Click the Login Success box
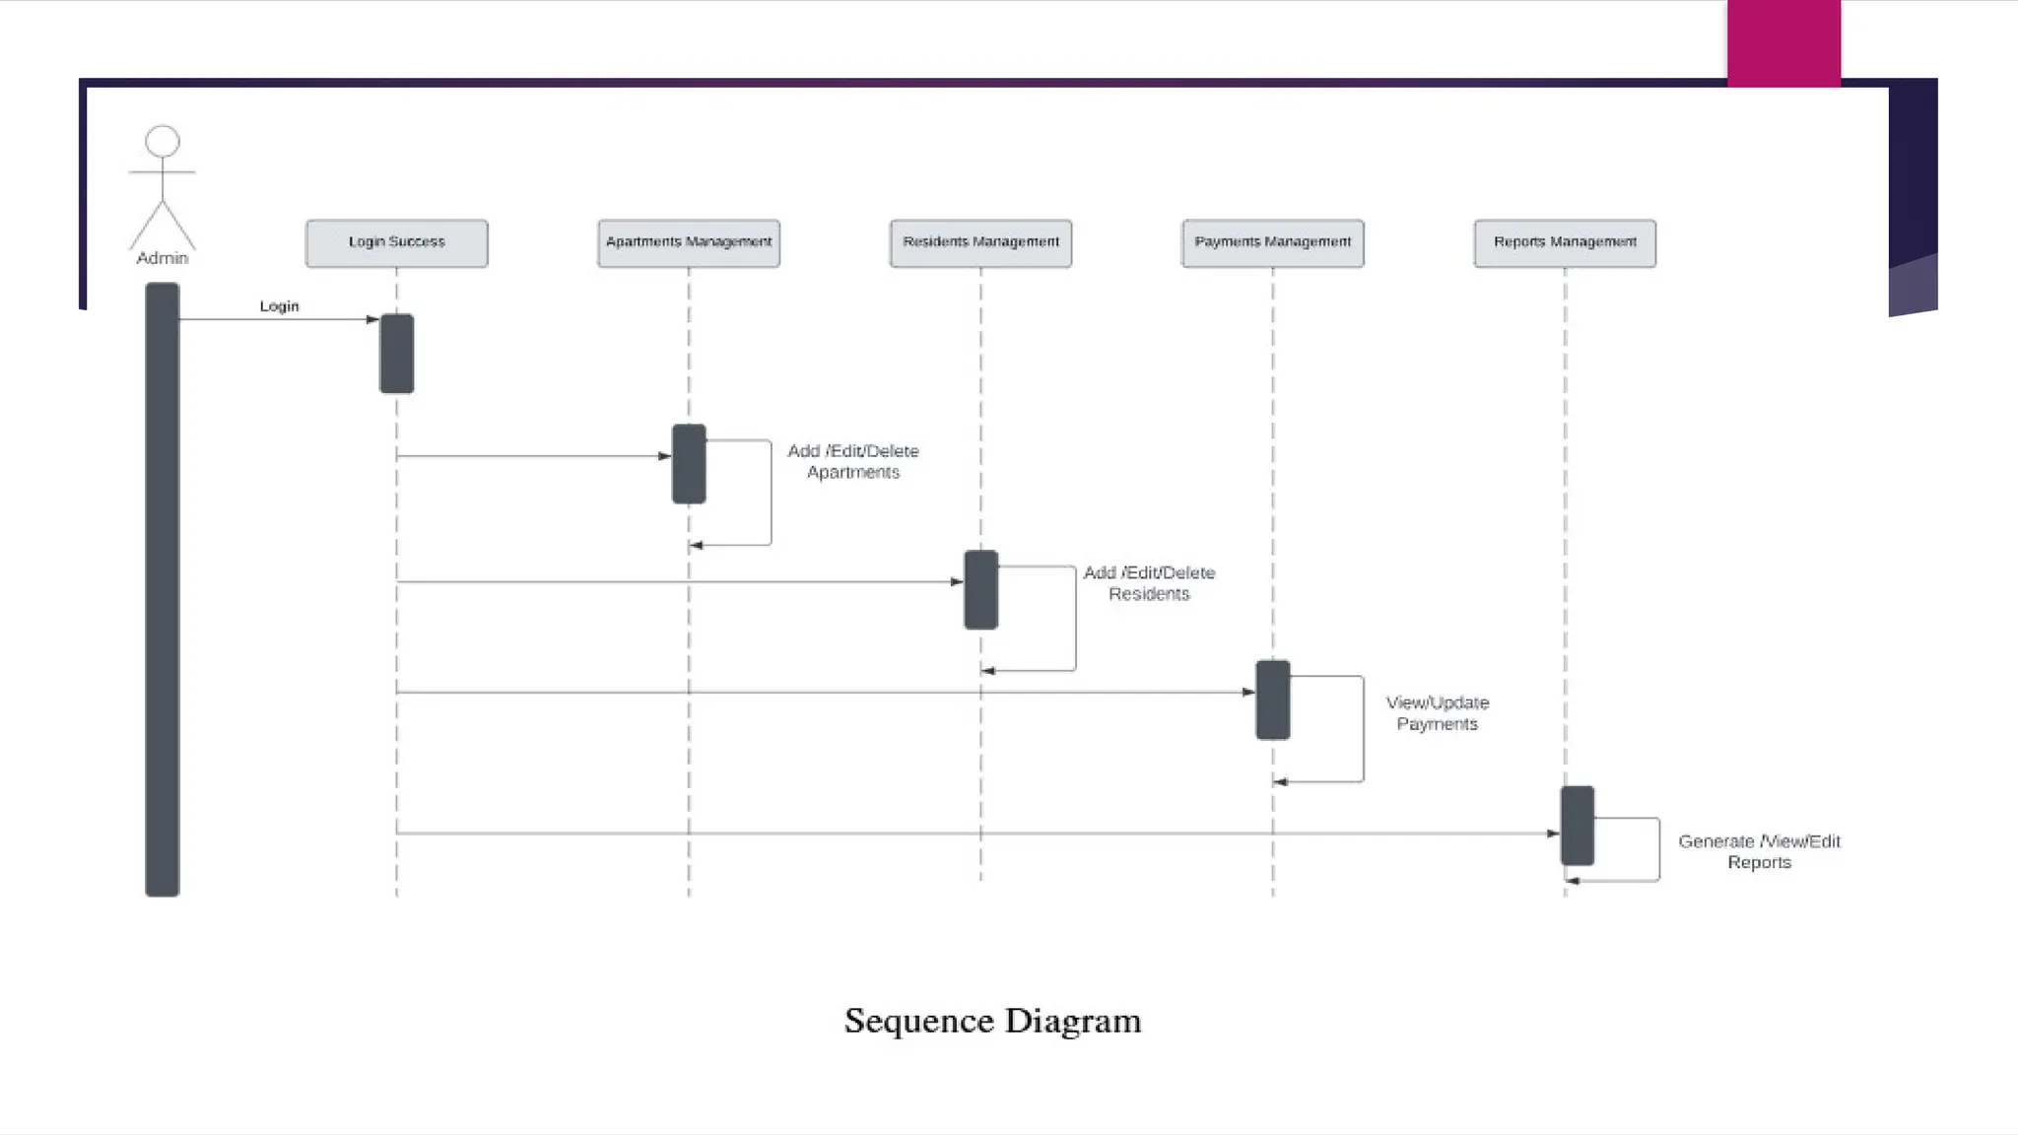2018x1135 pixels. coord(396,243)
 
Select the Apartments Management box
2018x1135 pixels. coord(689,243)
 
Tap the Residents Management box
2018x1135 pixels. coord(980,243)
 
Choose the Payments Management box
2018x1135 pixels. coord(1272,243)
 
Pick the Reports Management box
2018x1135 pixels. coord(1565,243)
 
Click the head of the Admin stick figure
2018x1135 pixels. coord(163,142)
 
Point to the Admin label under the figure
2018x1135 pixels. coord(163,258)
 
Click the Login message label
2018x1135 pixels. coord(279,306)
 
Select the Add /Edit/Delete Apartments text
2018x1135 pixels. coord(853,461)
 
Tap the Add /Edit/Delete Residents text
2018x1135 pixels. coord(1149,583)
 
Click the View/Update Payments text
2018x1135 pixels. coord(1438,713)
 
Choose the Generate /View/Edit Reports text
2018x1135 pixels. coord(1759,851)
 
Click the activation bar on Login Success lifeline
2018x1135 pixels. coord(396,354)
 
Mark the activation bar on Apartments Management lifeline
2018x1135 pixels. coord(689,464)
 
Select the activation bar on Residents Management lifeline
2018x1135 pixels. coord(980,590)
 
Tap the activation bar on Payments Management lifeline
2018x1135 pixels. coord(1272,701)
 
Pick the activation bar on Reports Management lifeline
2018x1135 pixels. coord(1577,826)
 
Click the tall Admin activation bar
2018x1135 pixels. coord(163,589)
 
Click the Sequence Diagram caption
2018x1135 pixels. coord(992,1021)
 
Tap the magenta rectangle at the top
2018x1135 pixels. coord(1783,43)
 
